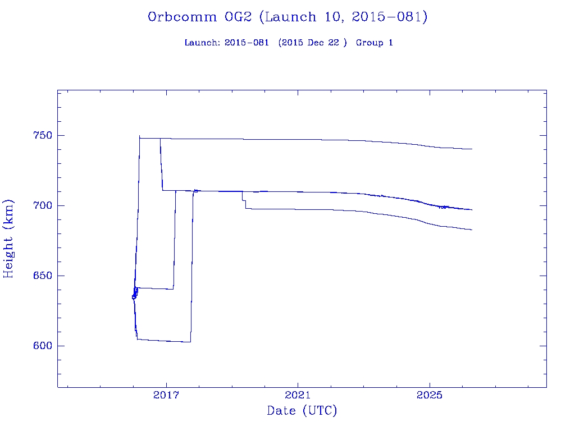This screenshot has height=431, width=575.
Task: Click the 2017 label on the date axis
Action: pos(166,396)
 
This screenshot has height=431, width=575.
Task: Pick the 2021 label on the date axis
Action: pos(298,396)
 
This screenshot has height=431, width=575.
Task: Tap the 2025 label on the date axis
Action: pos(430,396)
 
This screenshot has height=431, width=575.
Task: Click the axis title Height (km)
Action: pos(8,239)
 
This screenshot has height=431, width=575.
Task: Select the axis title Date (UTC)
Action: pos(302,411)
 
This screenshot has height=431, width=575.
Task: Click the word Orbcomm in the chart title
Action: pos(182,17)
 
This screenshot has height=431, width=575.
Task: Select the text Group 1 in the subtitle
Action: pos(374,43)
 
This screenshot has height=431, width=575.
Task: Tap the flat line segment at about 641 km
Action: pos(155,288)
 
